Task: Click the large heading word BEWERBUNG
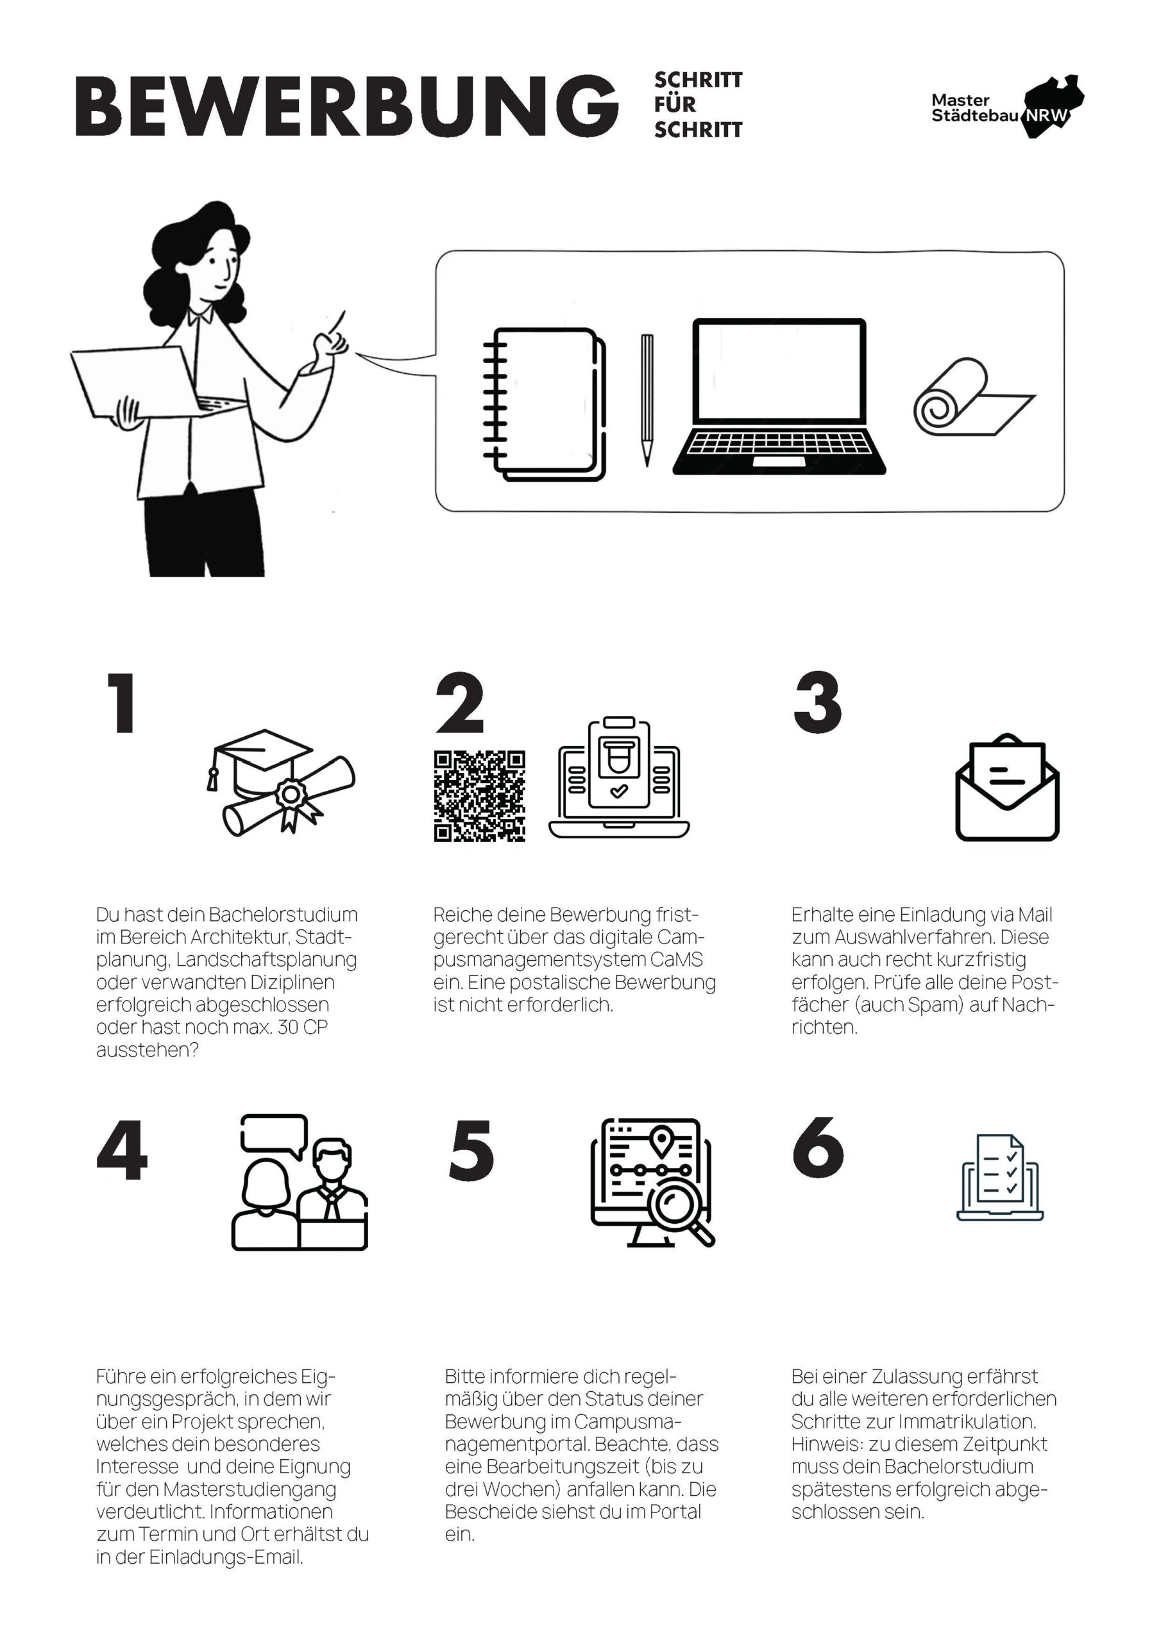click(x=347, y=106)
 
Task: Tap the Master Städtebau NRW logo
click(x=1007, y=106)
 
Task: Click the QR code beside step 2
click(x=479, y=796)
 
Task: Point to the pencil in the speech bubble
click(x=647, y=400)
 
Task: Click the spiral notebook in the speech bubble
click(x=545, y=404)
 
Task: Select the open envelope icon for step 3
click(x=1007, y=788)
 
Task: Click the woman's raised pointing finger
click(x=337, y=322)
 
